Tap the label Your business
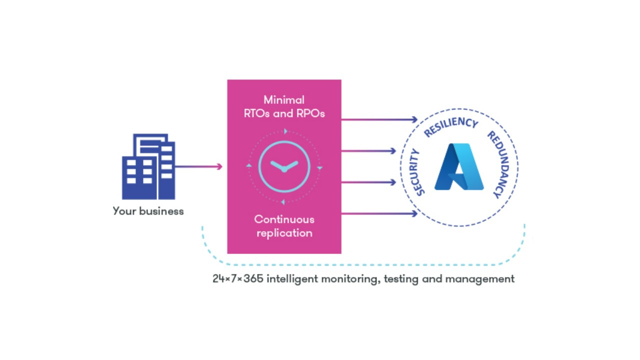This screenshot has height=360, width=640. (148, 211)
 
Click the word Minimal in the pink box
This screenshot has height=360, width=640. (284, 100)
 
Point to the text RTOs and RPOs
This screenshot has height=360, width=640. (284, 113)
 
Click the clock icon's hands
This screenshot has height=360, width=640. (284, 166)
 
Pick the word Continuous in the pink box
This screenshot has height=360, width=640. (284, 219)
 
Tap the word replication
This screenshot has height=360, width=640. (284, 233)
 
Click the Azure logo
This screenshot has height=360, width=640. (459, 167)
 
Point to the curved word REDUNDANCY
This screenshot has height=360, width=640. (500, 164)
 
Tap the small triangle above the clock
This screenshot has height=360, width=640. (285, 131)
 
